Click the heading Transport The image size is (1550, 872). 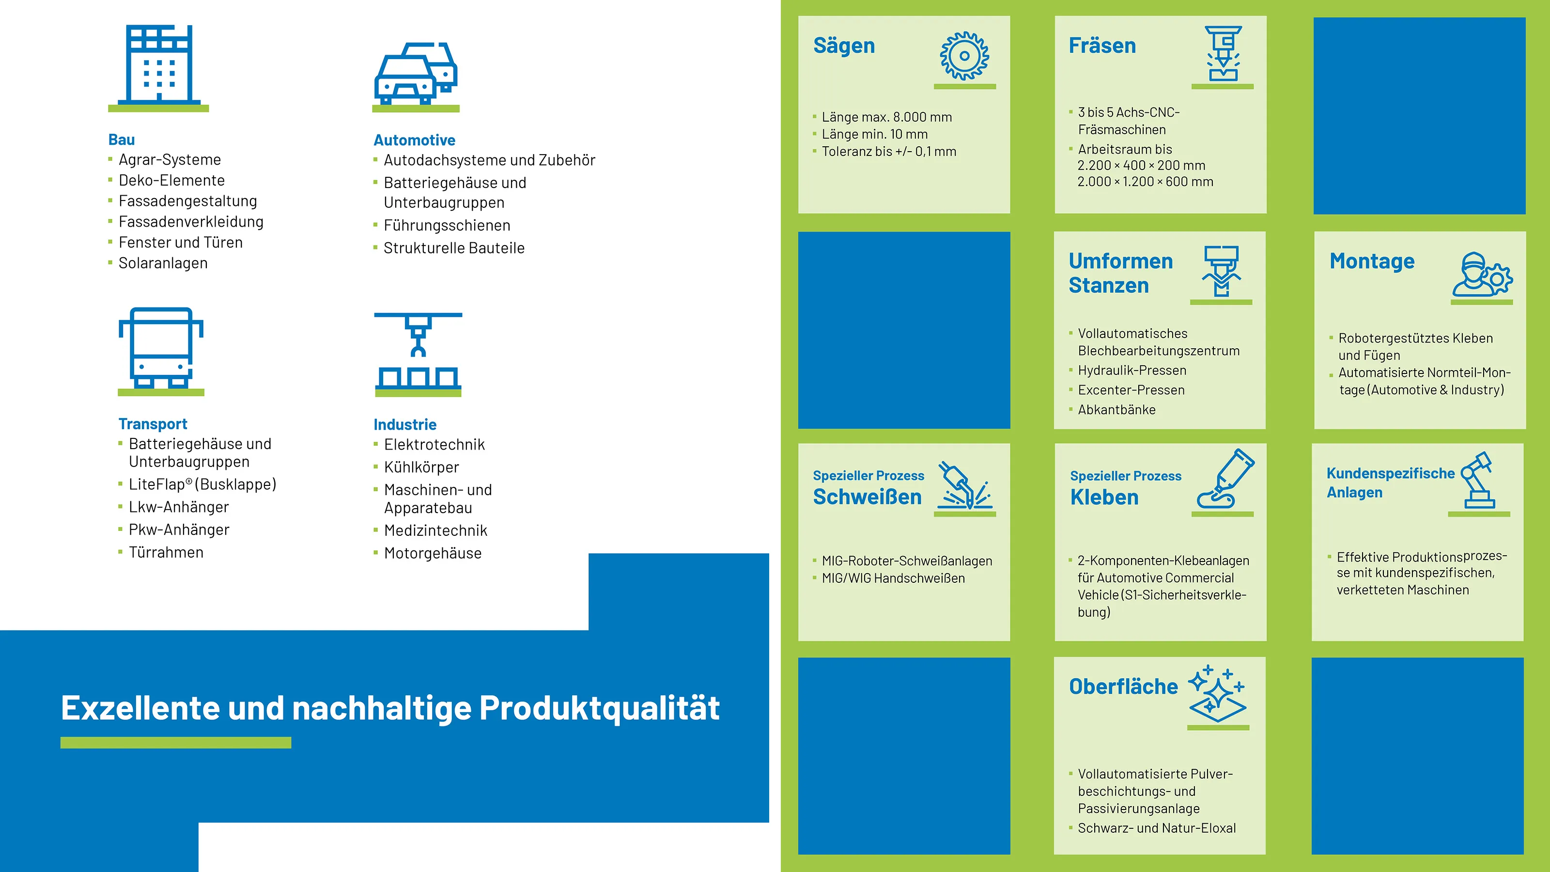[x=153, y=424]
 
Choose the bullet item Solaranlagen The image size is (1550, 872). [x=163, y=263]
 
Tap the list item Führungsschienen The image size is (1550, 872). [x=447, y=225]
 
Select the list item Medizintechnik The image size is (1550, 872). [x=435, y=530]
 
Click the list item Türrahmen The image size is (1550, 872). [x=166, y=552]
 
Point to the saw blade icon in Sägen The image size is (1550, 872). [x=964, y=56]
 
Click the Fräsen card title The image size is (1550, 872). [x=1102, y=46]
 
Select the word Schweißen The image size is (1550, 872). [x=867, y=497]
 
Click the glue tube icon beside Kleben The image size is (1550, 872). [x=1225, y=479]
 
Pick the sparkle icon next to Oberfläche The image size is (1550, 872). [x=1217, y=693]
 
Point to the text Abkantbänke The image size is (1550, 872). [x=1117, y=410]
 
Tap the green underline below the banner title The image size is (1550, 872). [x=176, y=743]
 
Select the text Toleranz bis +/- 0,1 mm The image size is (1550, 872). [x=889, y=152]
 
